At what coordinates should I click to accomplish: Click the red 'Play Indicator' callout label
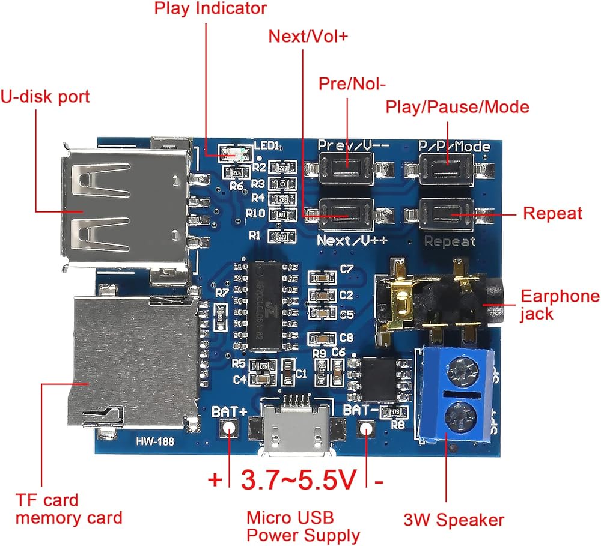point(210,8)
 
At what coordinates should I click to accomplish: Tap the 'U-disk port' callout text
point(45,96)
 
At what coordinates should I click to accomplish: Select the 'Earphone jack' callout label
point(560,305)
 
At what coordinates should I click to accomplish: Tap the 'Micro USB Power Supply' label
point(303,526)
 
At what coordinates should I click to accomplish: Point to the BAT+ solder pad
point(229,428)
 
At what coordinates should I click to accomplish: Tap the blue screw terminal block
point(460,393)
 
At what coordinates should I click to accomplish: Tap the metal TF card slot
point(135,360)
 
